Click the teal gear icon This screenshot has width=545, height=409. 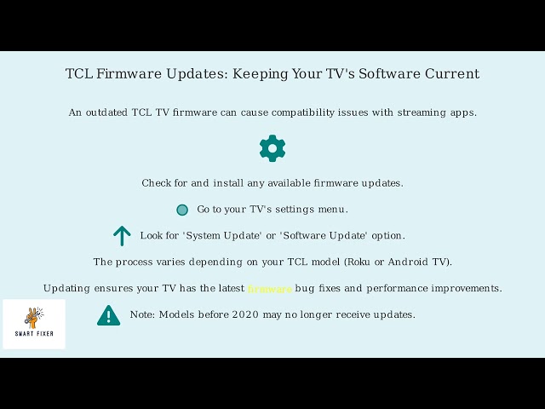272,148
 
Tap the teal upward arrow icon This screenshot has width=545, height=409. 122,236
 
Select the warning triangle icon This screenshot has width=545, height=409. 108,315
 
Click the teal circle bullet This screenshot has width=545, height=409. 181,210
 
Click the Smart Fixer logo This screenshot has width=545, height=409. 34,323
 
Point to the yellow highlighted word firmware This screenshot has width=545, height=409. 270,289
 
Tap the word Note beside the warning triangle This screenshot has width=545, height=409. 142,314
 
